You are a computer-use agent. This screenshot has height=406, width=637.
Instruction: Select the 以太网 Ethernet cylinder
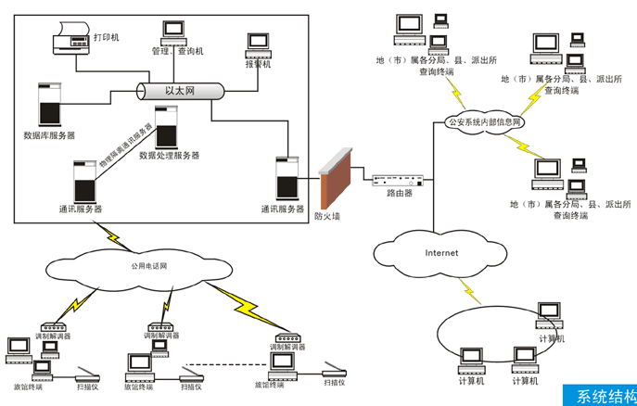pyautogui.click(x=182, y=91)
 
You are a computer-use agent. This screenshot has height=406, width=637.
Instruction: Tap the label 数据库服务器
pyautogui.click(x=51, y=135)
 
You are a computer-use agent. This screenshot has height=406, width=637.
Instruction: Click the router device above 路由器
pyautogui.click(x=399, y=180)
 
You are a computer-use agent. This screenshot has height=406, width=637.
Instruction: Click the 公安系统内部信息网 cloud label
pyautogui.click(x=485, y=121)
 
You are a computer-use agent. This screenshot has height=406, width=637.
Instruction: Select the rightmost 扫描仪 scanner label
pyautogui.click(x=334, y=382)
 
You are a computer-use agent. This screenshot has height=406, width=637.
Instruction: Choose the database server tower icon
pyautogui.click(x=46, y=104)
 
